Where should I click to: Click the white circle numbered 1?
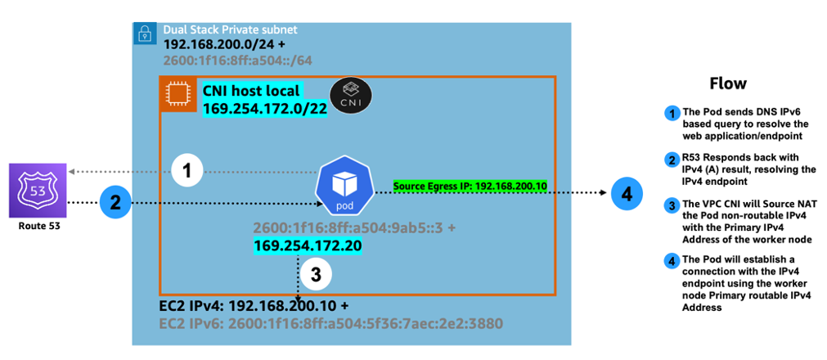coord(187,171)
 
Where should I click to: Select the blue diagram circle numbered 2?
coord(115,203)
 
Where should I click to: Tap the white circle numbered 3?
coord(317,275)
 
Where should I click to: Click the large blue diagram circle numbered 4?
coord(627,194)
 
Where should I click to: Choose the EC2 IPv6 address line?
coord(330,323)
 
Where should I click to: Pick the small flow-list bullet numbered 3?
coord(672,205)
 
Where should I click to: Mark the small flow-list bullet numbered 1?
coord(672,114)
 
